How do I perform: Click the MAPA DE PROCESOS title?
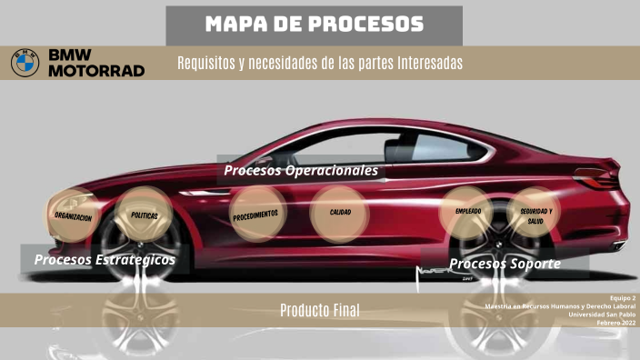pos(314,25)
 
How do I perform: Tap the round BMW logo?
pos(25,63)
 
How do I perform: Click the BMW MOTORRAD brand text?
pos(95,63)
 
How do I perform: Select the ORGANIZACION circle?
pos(73,217)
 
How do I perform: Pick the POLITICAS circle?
pos(145,215)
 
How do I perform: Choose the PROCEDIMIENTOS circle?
pos(255,215)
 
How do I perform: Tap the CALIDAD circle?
pos(340,213)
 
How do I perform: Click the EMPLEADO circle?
pos(467,212)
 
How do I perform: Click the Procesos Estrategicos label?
pos(105,260)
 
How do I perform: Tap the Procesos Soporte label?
pos(505,264)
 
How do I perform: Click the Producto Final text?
pos(319,311)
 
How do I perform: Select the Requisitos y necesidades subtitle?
pos(320,63)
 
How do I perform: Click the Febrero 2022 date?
pos(617,324)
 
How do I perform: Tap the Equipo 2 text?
pos(622,298)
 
